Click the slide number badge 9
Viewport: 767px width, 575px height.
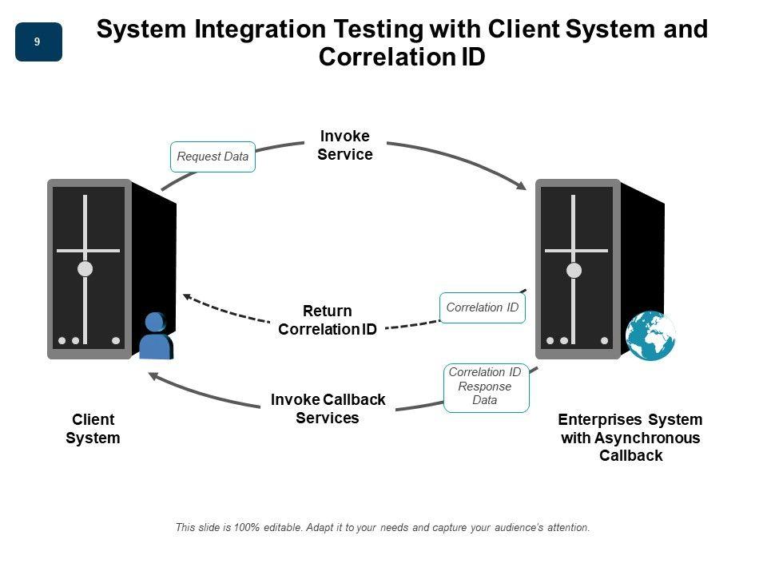point(38,42)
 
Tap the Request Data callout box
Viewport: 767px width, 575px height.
point(213,157)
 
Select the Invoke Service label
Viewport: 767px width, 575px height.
point(344,145)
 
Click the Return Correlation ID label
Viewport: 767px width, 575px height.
point(328,319)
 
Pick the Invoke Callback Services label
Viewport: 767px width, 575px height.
point(328,408)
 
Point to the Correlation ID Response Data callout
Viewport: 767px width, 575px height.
point(486,387)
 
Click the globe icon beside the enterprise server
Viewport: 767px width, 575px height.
point(650,335)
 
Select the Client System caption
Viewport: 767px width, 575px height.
point(93,429)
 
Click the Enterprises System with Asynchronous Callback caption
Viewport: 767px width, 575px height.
point(630,438)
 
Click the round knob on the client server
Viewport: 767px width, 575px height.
point(85,269)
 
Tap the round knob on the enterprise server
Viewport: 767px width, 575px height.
point(574,270)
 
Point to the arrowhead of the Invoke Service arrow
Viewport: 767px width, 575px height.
point(522,186)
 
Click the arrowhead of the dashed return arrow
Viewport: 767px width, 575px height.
point(187,296)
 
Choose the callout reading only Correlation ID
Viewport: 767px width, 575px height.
point(483,307)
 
